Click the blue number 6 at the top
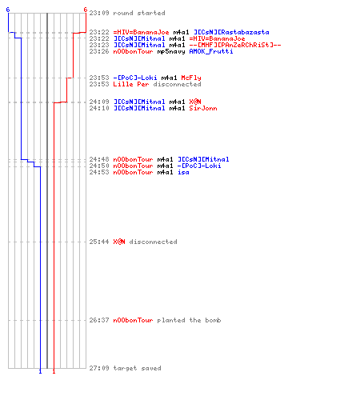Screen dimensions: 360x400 tap(8, 10)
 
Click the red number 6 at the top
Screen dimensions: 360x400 tap(86, 10)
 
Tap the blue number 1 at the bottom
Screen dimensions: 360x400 tap(40, 371)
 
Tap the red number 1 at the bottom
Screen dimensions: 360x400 tap(54, 371)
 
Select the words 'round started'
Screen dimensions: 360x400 tap(139, 13)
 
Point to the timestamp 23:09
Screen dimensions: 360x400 tap(99, 13)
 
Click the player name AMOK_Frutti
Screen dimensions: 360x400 tap(211, 51)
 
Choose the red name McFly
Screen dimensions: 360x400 tap(191, 78)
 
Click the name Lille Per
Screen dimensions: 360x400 tap(131, 84)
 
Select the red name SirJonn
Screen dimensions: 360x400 tap(203, 108)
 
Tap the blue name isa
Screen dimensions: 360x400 tap(183, 172)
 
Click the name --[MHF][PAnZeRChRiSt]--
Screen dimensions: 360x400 tap(235, 45)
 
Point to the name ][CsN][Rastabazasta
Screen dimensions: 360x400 tap(231, 32)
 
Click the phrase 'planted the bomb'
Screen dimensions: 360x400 tap(189, 320)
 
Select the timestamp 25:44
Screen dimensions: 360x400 tap(99, 242)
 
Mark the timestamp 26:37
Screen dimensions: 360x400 tap(99, 320)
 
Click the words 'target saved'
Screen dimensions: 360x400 tap(137, 368)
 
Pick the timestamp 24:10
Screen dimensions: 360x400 tap(99, 108)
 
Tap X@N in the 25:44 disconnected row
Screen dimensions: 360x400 tap(119, 242)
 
